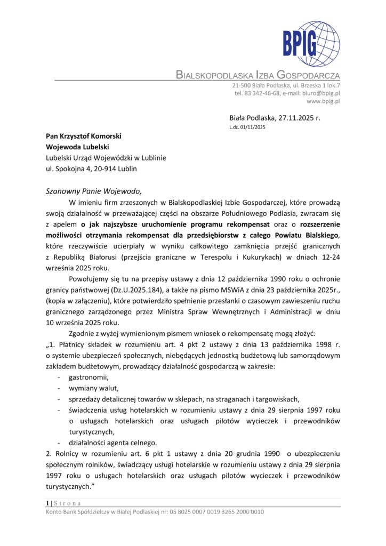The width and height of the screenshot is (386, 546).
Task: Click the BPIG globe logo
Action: pyautogui.click(x=312, y=44)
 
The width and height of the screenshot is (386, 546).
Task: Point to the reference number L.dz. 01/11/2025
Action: pyautogui.click(x=247, y=127)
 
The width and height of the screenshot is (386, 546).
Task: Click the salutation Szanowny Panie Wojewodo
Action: pyautogui.click(x=95, y=191)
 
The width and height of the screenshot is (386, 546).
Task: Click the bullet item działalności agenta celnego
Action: pyautogui.click(x=112, y=443)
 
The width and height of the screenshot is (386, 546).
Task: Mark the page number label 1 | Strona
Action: pyautogui.click(x=63, y=503)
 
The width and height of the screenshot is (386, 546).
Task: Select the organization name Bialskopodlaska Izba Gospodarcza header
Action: pyautogui.click(x=258, y=75)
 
